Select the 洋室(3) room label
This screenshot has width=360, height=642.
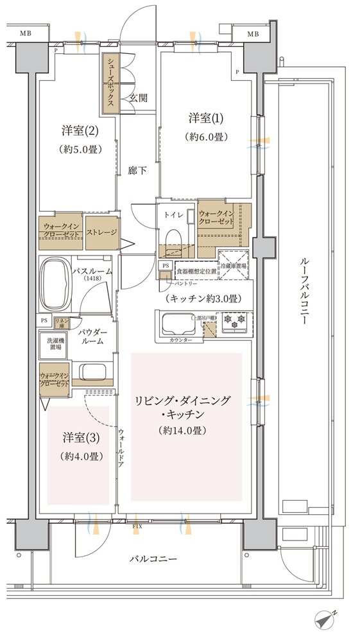[x=81, y=438]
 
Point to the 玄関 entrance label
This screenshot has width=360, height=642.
[x=138, y=98]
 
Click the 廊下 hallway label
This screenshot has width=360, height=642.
[x=137, y=171]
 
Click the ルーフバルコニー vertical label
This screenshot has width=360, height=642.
[x=304, y=293]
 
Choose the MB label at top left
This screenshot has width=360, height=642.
[x=25, y=33]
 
